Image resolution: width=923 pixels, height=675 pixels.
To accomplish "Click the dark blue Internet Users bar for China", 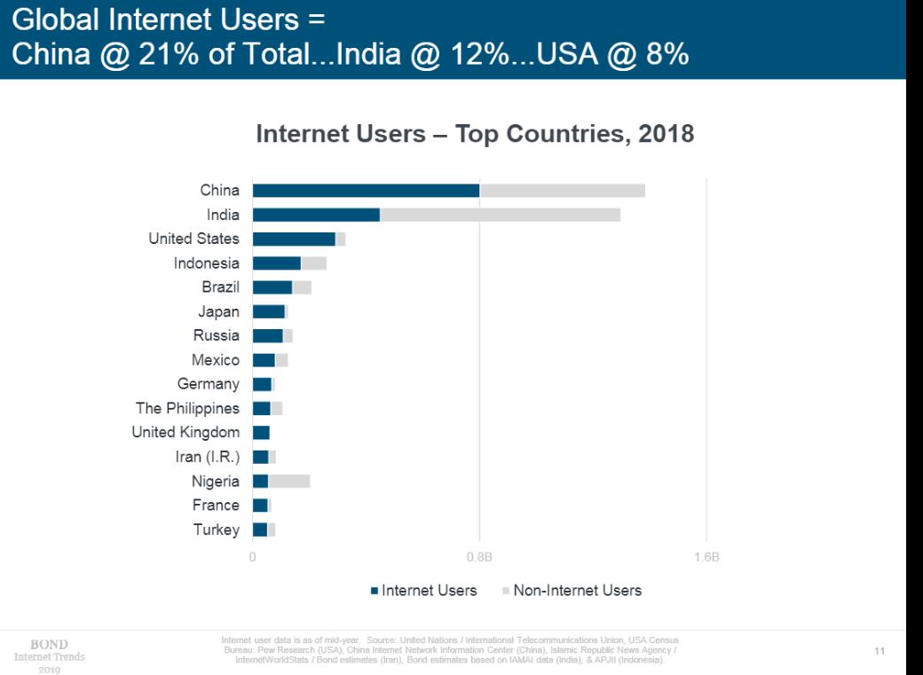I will pos(366,190).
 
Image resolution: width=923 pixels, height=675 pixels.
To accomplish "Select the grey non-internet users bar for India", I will pos(500,215).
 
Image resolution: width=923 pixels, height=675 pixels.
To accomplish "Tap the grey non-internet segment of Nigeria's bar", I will pos(288,481).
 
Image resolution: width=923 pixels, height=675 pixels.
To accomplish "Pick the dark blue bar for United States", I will pos(294,239).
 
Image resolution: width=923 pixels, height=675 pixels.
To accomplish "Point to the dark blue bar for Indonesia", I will pos(277,263).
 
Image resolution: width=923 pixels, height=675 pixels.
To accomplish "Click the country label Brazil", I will pos(220,287).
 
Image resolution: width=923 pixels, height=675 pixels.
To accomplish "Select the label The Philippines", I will pos(187,408).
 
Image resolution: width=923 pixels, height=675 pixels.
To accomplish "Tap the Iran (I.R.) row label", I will pos(208,457).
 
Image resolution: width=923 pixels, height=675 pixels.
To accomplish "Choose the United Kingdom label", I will pos(185,432).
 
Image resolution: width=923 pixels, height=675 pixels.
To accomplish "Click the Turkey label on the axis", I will pos(217,530).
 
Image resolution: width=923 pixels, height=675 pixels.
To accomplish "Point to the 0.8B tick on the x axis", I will pos(479,558).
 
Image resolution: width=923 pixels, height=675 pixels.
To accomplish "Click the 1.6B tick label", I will pos(706,558).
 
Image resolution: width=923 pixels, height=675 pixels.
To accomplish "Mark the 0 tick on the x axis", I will pos(253,558).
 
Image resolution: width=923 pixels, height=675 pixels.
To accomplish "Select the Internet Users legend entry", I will pos(424,591).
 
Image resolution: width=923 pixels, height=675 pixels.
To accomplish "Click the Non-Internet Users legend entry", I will pos(572,591).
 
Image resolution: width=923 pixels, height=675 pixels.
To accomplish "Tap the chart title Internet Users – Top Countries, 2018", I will pos(475,134).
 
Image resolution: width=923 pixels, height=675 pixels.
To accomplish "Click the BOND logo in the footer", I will pos(50,645).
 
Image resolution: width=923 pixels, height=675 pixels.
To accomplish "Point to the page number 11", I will pos(880,652).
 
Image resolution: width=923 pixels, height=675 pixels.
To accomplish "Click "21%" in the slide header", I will pos(165,54).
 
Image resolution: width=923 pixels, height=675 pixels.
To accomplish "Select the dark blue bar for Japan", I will pos(268,311).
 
